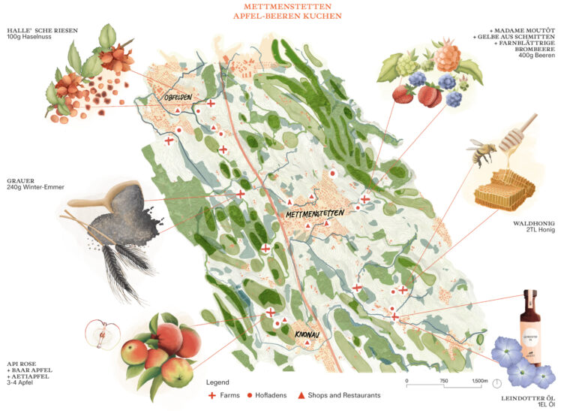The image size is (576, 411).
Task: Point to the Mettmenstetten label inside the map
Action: (x=315, y=213)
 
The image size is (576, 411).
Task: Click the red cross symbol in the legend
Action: (x=212, y=395)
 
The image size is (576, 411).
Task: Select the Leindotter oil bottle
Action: (x=530, y=328)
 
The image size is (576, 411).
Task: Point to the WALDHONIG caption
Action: (x=533, y=222)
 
